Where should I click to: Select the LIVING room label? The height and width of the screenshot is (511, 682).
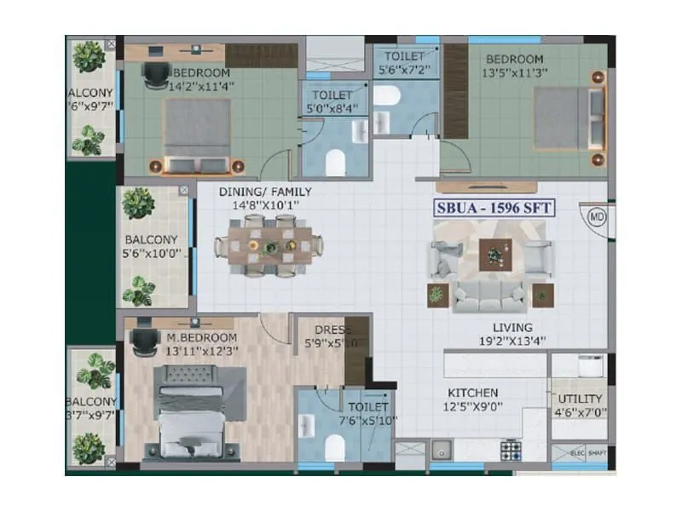pos(511,327)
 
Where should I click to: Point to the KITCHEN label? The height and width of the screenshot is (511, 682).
pos(473,393)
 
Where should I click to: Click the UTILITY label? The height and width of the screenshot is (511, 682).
pos(581,399)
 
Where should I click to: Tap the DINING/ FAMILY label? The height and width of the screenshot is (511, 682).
pos(264,192)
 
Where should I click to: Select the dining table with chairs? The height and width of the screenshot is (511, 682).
pos(269,245)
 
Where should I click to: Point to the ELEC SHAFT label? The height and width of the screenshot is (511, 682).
pos(588,453)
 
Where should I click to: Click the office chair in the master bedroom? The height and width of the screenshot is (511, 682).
pos(141,342)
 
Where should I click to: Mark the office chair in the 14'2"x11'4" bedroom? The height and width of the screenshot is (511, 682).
pos(155,74)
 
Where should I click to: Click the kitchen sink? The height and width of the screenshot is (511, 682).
pos(441,449)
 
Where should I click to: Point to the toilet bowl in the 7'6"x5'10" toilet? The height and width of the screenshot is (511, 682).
pos(336,445)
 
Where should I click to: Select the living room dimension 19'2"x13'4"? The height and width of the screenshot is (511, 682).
pos(511,342)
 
